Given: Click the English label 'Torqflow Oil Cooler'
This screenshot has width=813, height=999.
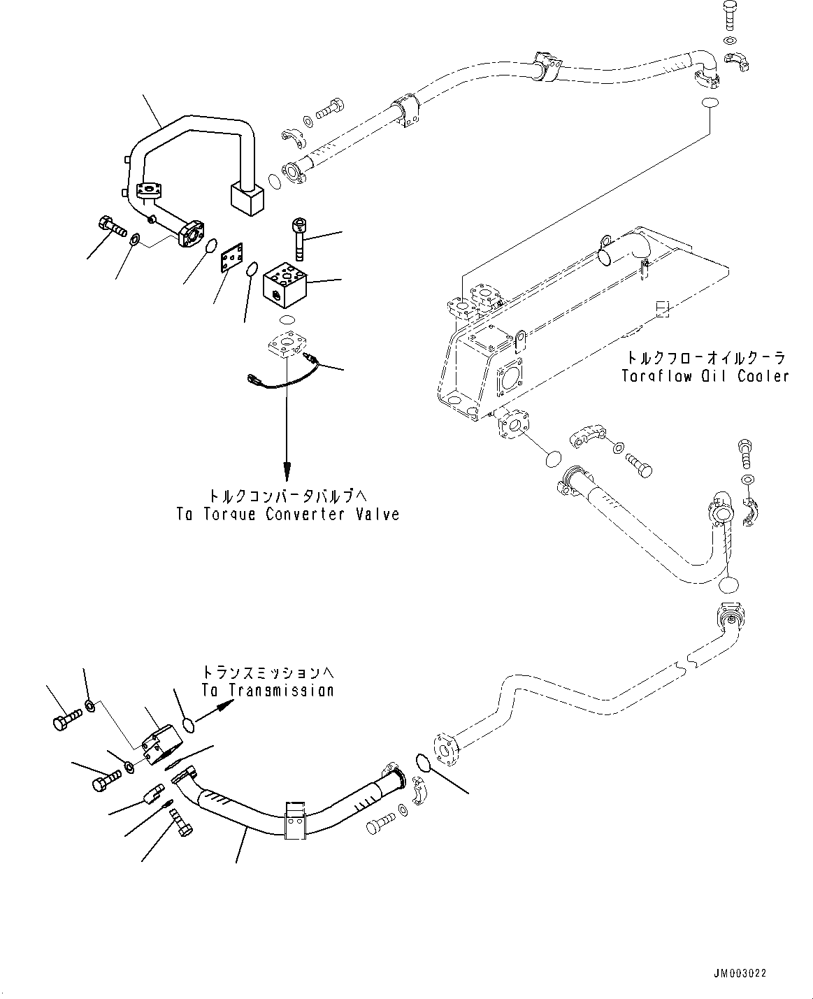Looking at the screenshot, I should point(705,376).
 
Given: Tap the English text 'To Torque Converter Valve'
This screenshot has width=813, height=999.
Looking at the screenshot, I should point(287,515).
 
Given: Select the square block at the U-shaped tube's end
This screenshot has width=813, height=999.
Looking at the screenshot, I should point(247,198).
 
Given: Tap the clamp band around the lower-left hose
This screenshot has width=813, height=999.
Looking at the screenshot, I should point(295,819).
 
